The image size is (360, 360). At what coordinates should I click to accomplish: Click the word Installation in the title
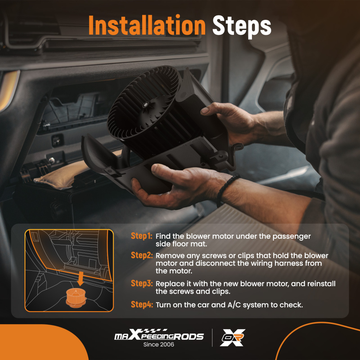tap(147, 25)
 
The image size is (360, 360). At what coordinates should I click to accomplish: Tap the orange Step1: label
tap(141, 236)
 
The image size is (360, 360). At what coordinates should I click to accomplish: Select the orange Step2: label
tap(141, 255)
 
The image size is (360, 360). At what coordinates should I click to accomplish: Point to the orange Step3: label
tap(141, 283)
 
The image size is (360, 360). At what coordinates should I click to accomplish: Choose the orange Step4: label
tap(141, 305)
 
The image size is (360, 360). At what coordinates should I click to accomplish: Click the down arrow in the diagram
tap(80, 279)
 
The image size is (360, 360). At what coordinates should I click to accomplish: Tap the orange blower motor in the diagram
tap(76, 298)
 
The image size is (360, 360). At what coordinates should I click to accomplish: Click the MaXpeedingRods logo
tap(159, 334)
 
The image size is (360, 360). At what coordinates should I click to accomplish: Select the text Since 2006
tap(159, 345)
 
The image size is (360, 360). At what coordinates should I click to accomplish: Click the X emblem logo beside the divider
tap(233, 338)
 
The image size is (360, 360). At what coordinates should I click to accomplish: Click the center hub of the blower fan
tap(145, 105)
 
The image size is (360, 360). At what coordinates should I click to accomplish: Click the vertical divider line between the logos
tap(212, 338)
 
